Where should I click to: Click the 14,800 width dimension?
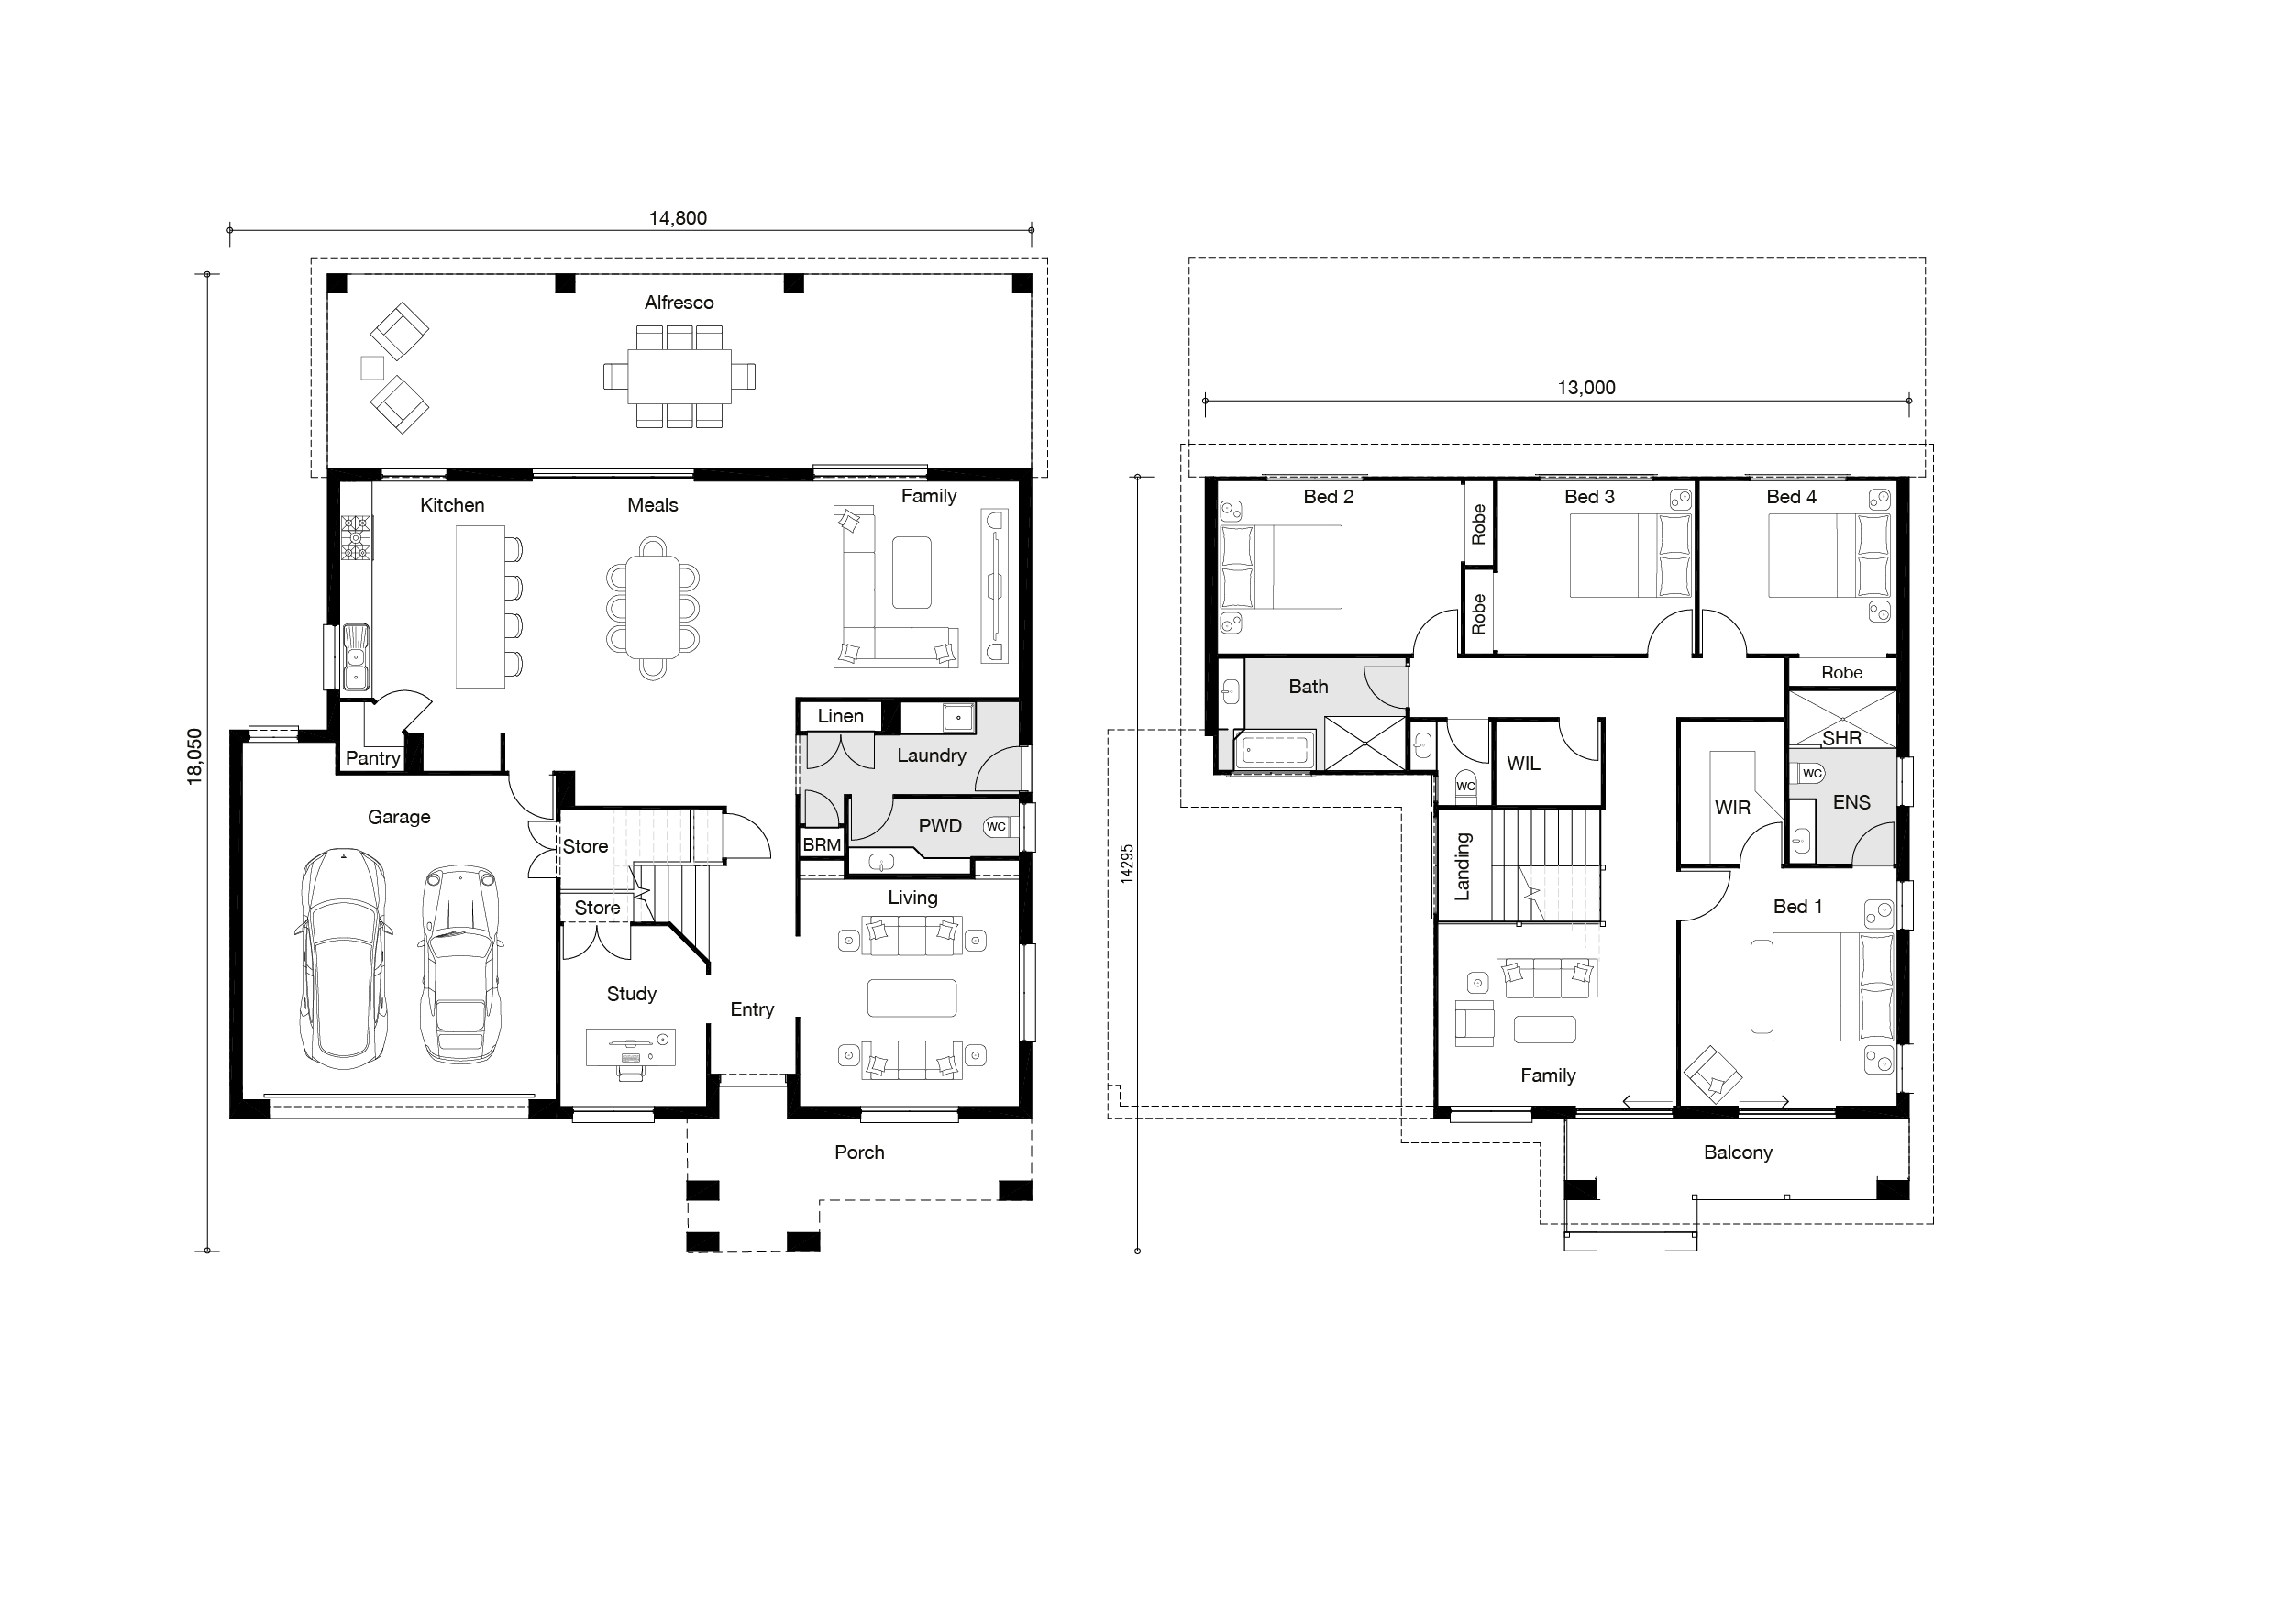(678, 218)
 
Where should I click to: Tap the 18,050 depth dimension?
(194, 756)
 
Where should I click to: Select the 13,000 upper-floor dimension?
(1586, 388)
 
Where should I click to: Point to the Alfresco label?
(679, 303)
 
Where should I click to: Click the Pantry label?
(372, 758)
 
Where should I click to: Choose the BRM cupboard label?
(822, 844)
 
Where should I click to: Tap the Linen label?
(841, 716)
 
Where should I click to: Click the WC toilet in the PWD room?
(996, 827)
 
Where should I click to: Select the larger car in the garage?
(343, 959)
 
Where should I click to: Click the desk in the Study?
(631, 1048)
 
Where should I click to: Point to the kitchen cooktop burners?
(356, 538)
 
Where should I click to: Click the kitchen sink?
(356, 656)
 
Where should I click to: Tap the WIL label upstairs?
(1524, 764)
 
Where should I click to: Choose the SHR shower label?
(1842, 738)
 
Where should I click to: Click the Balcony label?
(1738, 1152)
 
